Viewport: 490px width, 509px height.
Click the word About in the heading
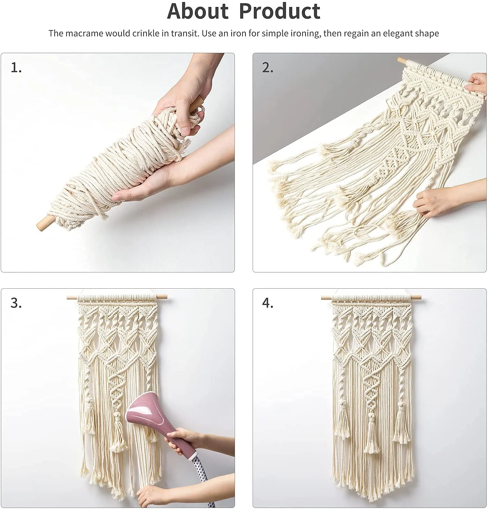[x=198, y=11]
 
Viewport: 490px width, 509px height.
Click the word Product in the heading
[x=280, y=11]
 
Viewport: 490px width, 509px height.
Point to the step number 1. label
[x=16, y=68]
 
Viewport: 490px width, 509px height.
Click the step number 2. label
[x=268, y=68]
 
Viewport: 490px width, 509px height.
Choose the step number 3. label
[x=16, y=303]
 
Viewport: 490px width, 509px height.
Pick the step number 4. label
[x=268, y=303]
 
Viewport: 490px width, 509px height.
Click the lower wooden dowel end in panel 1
[x=43, y=222]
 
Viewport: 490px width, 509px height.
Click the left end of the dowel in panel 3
[x=72, y=297]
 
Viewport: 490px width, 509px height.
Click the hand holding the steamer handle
[x=183, y=439]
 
